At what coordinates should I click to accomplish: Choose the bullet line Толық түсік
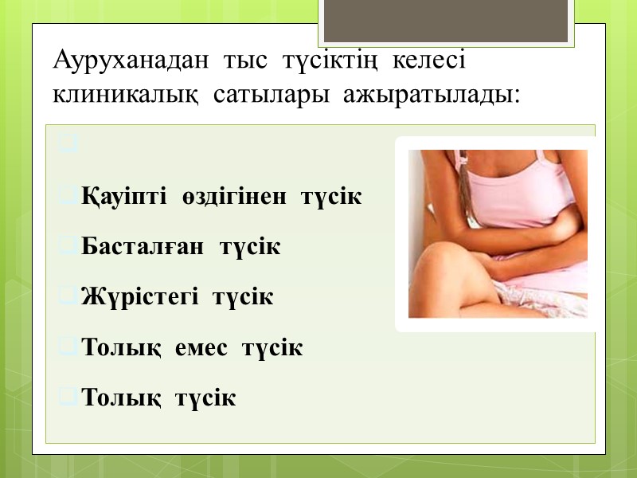[159, 398]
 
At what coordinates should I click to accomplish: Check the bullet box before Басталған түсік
[68, 246]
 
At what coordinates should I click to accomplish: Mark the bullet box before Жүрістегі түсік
[68, 297]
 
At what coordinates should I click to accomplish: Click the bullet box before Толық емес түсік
[68, 347]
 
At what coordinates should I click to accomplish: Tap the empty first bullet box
[68, 146]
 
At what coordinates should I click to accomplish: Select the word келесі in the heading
[431, 61]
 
